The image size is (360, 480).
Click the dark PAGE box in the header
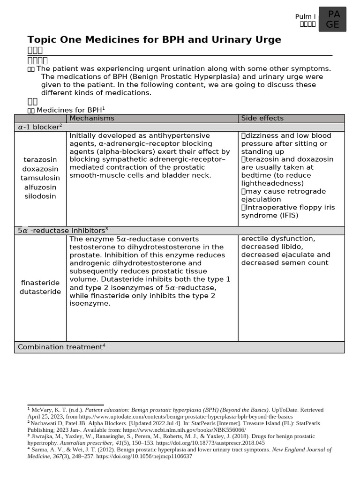332,20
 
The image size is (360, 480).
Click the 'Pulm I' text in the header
305,16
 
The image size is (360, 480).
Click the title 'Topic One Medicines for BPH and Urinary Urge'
154,40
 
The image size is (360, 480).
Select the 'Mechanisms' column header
92,119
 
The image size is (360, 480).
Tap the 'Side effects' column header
262,119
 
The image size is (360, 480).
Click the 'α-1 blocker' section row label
40,127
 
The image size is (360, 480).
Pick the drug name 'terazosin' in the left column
40,160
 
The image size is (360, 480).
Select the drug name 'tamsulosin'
40,178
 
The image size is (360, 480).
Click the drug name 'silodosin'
40,196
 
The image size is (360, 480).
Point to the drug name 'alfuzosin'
40,187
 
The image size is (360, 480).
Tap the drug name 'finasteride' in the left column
40,283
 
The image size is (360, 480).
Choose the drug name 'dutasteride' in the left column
40,292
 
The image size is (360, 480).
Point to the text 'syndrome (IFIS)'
270,216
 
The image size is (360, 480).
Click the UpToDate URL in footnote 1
186,416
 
